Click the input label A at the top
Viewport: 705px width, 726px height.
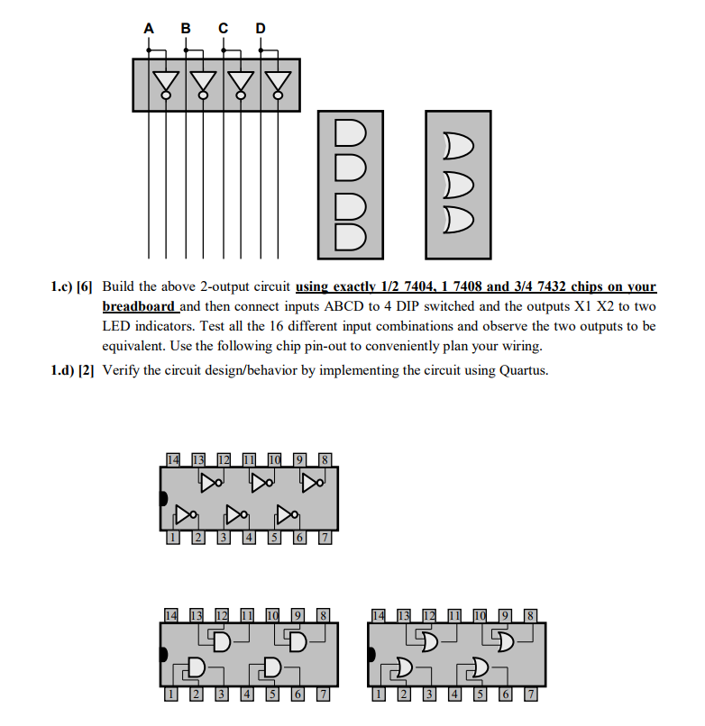(x=149, y=28)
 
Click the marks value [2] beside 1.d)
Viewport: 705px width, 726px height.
(x=87, y=370)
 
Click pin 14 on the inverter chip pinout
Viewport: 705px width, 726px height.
(x=172, y=459)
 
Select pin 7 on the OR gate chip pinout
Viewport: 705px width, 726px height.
(x=531, y=694)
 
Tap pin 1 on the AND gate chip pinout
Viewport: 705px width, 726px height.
(x=169, y=694)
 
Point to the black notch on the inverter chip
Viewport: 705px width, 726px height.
(x=163, y=498)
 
